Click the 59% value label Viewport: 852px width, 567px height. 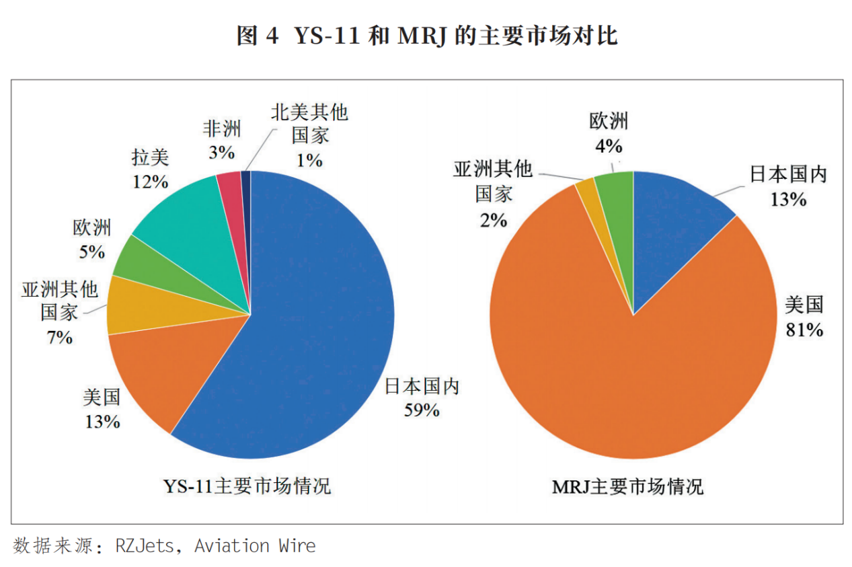pyautogui.click(x=421, y=409)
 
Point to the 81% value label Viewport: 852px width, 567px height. pyautogui.click(x=804, y=330)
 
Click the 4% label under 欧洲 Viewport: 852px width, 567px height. pyautogui.click(x=609, y=145)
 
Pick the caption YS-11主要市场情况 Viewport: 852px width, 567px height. pyautogui.click(x=248, y=486)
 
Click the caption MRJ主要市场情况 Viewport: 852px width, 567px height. pyautogui.click(x=627, y=486)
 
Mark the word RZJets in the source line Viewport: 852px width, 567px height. pyautogui.click(x=144, y=545)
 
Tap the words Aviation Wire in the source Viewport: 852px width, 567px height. pyautogui.click(x=255, y=545)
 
